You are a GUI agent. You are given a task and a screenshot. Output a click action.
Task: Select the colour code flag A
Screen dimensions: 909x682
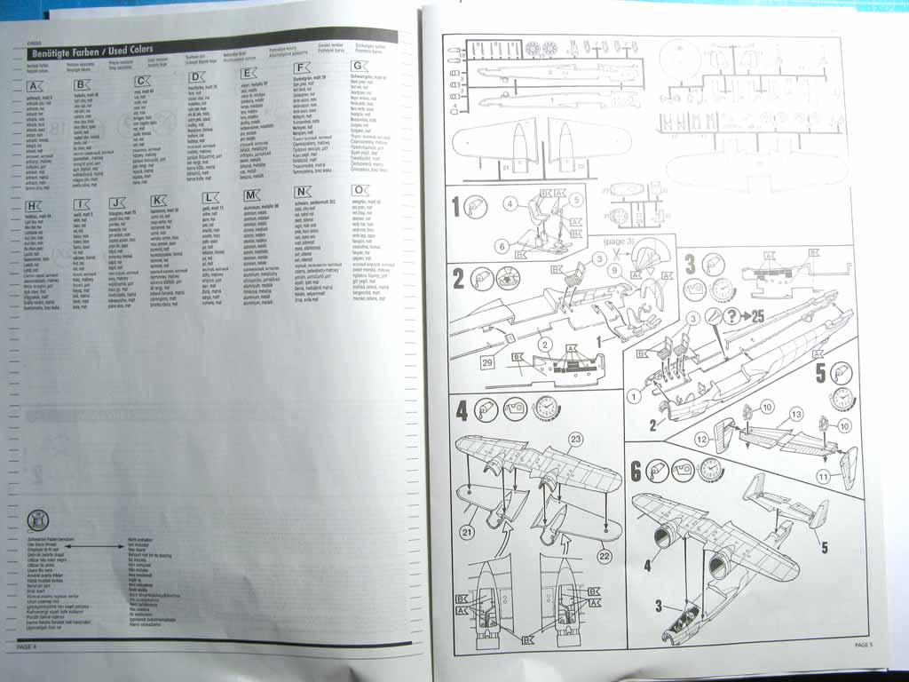tap(35, 86)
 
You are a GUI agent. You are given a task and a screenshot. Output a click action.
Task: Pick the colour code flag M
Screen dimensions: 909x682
tap(250, 194)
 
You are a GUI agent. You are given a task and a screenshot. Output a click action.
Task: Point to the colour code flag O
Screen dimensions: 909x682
tap(360, 191)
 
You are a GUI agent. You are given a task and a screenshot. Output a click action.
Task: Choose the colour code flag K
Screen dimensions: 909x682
tap(158, 201)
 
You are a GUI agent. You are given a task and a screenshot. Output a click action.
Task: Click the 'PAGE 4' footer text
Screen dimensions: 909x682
tap(26, 646)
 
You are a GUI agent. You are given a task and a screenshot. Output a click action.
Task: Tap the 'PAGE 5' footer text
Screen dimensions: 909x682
tap(864, 644)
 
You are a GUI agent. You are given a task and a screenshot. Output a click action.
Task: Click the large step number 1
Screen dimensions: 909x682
tap(457, 208)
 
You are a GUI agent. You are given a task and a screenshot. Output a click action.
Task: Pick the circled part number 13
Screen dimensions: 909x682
tap(795, 414)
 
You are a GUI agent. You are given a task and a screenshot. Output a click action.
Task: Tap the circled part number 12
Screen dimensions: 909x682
tap(701, 438)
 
